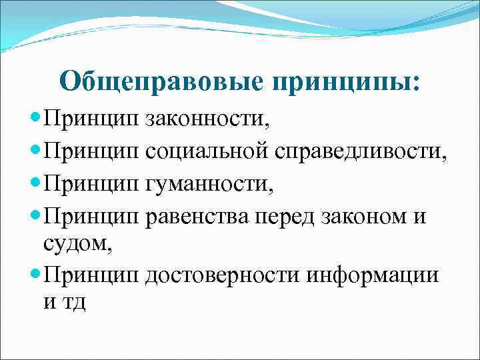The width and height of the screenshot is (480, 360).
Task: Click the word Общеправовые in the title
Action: coord(162,81)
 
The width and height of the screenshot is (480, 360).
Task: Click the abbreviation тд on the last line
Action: coord(74,303)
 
